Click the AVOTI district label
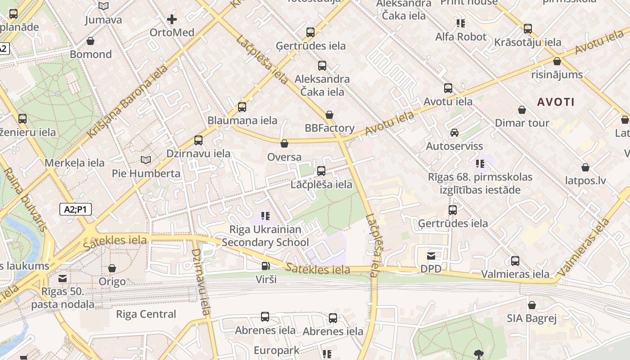(x=556, y=102)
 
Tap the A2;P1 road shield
(x=76, y=209)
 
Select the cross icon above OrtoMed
(x=172, y=19)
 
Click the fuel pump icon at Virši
(x=266, y=266)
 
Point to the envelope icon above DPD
(x=431, y=256)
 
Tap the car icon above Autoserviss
(x=454, y=133)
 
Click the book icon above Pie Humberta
(x=146, y=160)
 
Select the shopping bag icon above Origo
(x=112, y=268)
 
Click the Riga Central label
(x=146, y=314)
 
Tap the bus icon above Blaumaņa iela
(x=242, y=107)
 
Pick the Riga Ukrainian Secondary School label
(x=265, y=236)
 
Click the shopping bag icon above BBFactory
(x=329, y=115)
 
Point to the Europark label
(x=276, y=351)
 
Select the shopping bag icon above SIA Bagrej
(x=532, y=305)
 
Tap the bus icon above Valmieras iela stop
(x=515, y=261)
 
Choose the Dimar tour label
(x=522, y=123)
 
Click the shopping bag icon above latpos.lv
(x=585, y=167)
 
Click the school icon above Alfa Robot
(x=460, y=23)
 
